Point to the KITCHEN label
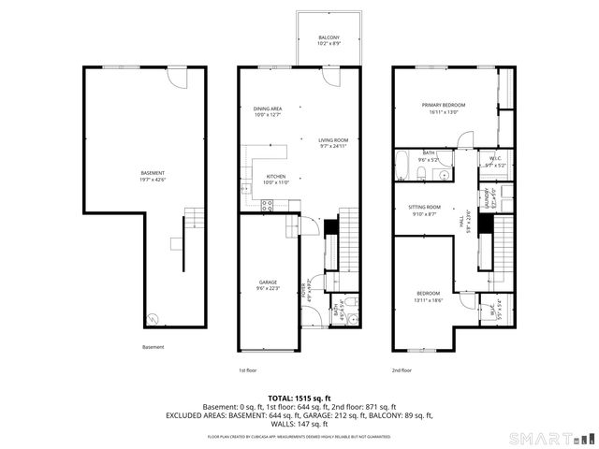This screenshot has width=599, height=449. tap(275, 178)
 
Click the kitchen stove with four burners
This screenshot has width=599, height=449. tap(268, 207)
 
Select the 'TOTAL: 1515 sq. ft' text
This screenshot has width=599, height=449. tap(299, 398)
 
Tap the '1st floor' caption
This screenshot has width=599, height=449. tap(248, 370)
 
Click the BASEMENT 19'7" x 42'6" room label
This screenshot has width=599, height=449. tap(153, 176)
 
